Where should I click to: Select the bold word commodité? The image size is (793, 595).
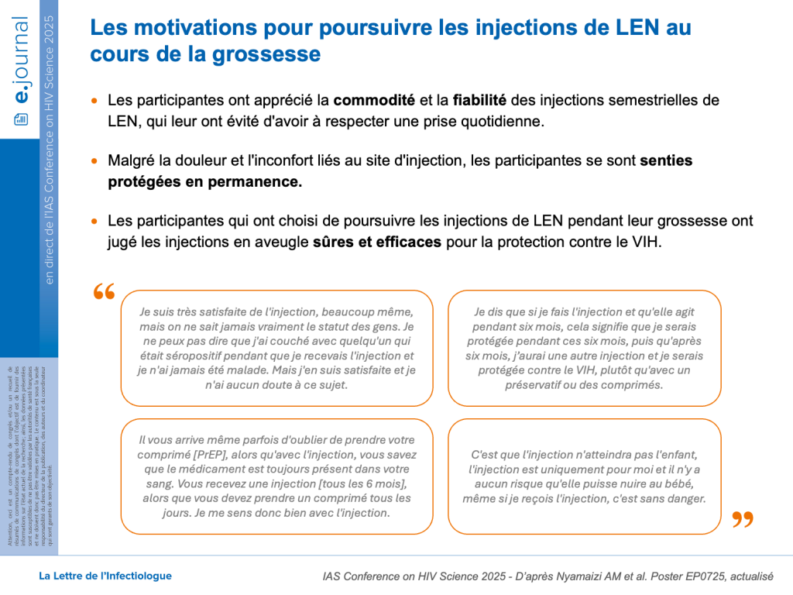click(x=373, y=101)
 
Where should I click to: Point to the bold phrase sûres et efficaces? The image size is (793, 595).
click(x=377, y=242)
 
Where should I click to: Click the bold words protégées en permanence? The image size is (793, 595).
click(x=204, y=182)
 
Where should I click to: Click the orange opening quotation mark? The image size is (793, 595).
click(x=103, y=292)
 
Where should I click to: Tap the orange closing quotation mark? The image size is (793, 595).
click(x=742, y=519)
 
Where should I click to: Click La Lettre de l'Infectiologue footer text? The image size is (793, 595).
click(x=105, y=576)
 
